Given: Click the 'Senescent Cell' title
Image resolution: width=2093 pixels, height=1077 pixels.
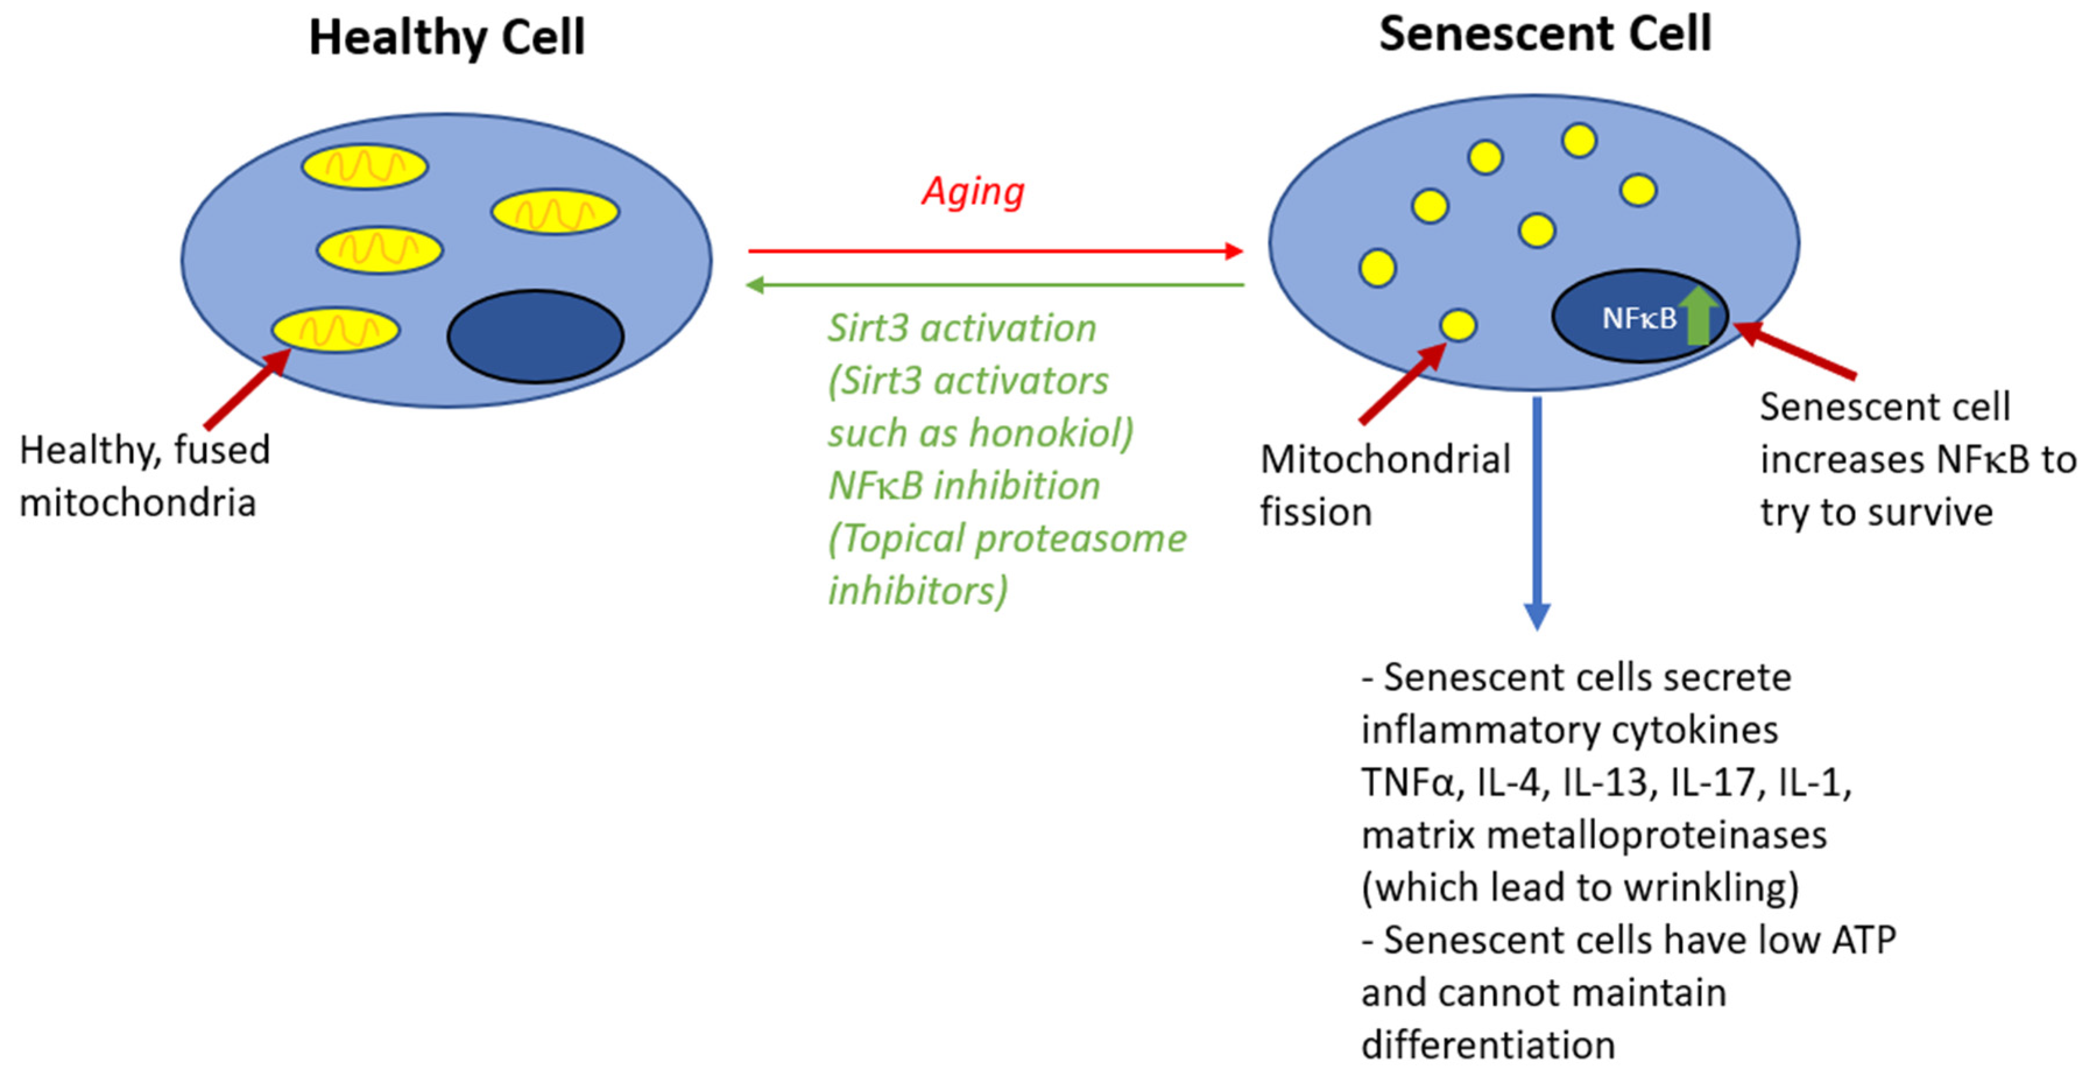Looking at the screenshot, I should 1544,34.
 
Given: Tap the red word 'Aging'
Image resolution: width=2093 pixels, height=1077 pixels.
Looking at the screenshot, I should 973,192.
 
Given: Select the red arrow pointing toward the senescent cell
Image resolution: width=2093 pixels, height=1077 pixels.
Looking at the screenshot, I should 995,251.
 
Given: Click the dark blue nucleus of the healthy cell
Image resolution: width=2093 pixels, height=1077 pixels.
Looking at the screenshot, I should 535,335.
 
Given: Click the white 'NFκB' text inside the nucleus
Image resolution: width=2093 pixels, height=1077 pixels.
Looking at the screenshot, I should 1638,318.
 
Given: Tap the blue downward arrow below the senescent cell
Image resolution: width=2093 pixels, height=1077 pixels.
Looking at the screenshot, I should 1536,512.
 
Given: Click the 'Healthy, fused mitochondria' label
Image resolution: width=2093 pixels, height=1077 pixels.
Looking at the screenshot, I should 144,476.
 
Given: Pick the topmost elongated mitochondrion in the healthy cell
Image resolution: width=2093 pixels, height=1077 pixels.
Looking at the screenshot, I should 365,167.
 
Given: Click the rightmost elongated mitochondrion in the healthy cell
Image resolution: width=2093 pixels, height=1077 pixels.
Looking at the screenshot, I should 555,212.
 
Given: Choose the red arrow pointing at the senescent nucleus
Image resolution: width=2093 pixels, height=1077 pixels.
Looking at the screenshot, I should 1795,351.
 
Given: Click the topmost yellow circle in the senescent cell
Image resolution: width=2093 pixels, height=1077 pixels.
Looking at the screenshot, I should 1579,140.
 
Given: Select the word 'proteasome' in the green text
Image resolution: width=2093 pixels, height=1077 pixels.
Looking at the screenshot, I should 1081,538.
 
